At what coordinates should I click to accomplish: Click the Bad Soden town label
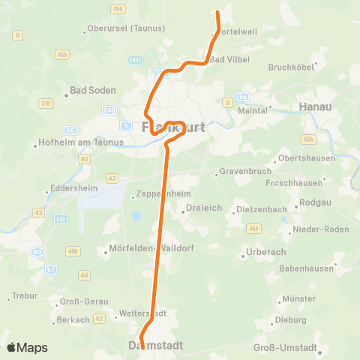pos(93,90)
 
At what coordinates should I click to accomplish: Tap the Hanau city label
pos(315,106)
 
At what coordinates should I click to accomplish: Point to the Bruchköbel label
pos(291,67)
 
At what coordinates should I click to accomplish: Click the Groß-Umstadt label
pos(285,347)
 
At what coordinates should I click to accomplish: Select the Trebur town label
pos(25,295)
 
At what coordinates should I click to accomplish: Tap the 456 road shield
pos(117,8)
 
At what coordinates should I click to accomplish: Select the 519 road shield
pos(46,103)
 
